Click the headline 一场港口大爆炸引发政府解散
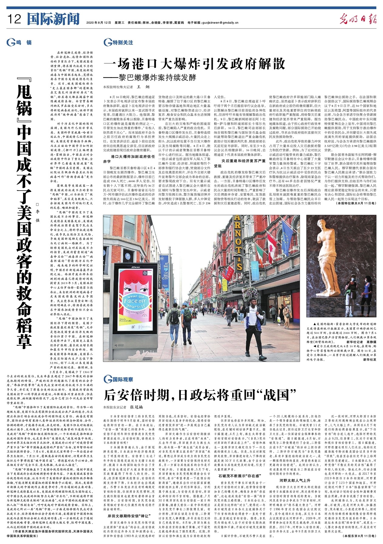click(x=194, y=64)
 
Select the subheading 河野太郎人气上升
click(x=295, y=480)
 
